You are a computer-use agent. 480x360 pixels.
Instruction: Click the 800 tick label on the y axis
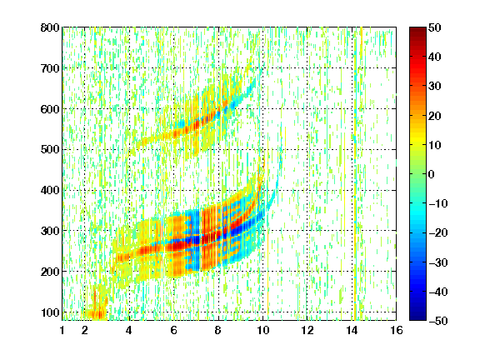tap(50, 27)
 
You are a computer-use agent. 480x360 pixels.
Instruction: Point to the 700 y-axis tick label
tap(50, 68)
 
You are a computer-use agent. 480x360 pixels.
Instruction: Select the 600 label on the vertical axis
tap(50, 109)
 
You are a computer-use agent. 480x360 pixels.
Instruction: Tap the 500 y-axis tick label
tap(50, 150)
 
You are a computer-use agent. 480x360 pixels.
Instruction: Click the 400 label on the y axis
tap(50, 191)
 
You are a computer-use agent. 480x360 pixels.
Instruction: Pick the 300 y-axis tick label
tap(50, 231)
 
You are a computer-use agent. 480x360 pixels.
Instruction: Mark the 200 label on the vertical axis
tap(50, 272)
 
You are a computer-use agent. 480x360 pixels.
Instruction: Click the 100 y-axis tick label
tap(50, 312)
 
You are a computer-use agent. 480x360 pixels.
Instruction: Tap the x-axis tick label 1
tap(62, 331)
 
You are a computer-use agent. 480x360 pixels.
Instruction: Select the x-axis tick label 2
tap(85, 331)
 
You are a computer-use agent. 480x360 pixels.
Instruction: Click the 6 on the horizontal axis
tap(173, 331)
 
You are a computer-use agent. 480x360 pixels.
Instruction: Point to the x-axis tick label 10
tap(262, 331)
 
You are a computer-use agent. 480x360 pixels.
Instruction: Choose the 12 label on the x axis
tap(307, 331)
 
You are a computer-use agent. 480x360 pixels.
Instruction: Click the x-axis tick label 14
tap(352, 331)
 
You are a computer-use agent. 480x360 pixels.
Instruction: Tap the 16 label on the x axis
tap(396, 331)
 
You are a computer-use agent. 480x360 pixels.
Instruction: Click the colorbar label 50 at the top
tap(434, 27)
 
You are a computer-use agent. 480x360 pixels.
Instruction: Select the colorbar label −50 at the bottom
tap(438, 321)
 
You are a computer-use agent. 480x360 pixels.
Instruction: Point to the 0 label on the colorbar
tap(432, 174)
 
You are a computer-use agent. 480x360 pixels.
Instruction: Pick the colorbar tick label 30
tap(434, 87)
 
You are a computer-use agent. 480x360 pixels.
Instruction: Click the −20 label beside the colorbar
tap(438, 233)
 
